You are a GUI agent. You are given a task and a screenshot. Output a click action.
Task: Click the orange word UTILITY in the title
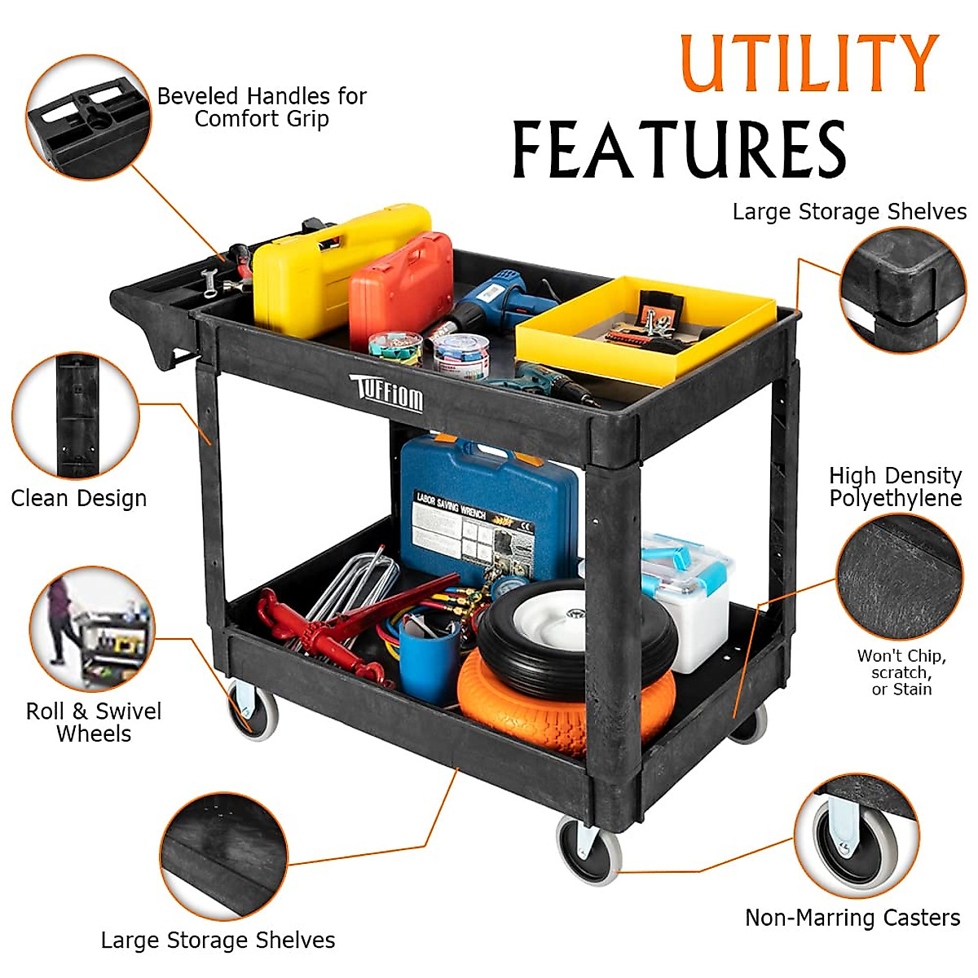pos(809,63)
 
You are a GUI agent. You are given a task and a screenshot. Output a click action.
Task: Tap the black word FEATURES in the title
pos(679,149)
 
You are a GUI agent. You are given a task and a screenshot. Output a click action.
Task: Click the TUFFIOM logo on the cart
pos(387,394)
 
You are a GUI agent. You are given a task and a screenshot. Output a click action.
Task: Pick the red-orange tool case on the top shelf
pos(401,285)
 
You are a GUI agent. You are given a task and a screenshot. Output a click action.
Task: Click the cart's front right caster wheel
pos(588,852)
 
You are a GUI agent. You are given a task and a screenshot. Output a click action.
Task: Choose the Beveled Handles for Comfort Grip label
pos(262,108)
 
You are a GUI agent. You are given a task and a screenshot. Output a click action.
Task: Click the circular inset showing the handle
pos(88,117)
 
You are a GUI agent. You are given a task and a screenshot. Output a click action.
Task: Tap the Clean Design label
pos(79,498)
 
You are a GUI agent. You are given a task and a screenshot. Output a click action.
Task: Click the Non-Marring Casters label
pos(852,918)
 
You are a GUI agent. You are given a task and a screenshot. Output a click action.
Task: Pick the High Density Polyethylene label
pos(895,487)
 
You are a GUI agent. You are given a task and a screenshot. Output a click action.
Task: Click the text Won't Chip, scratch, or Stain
pos(901,672)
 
